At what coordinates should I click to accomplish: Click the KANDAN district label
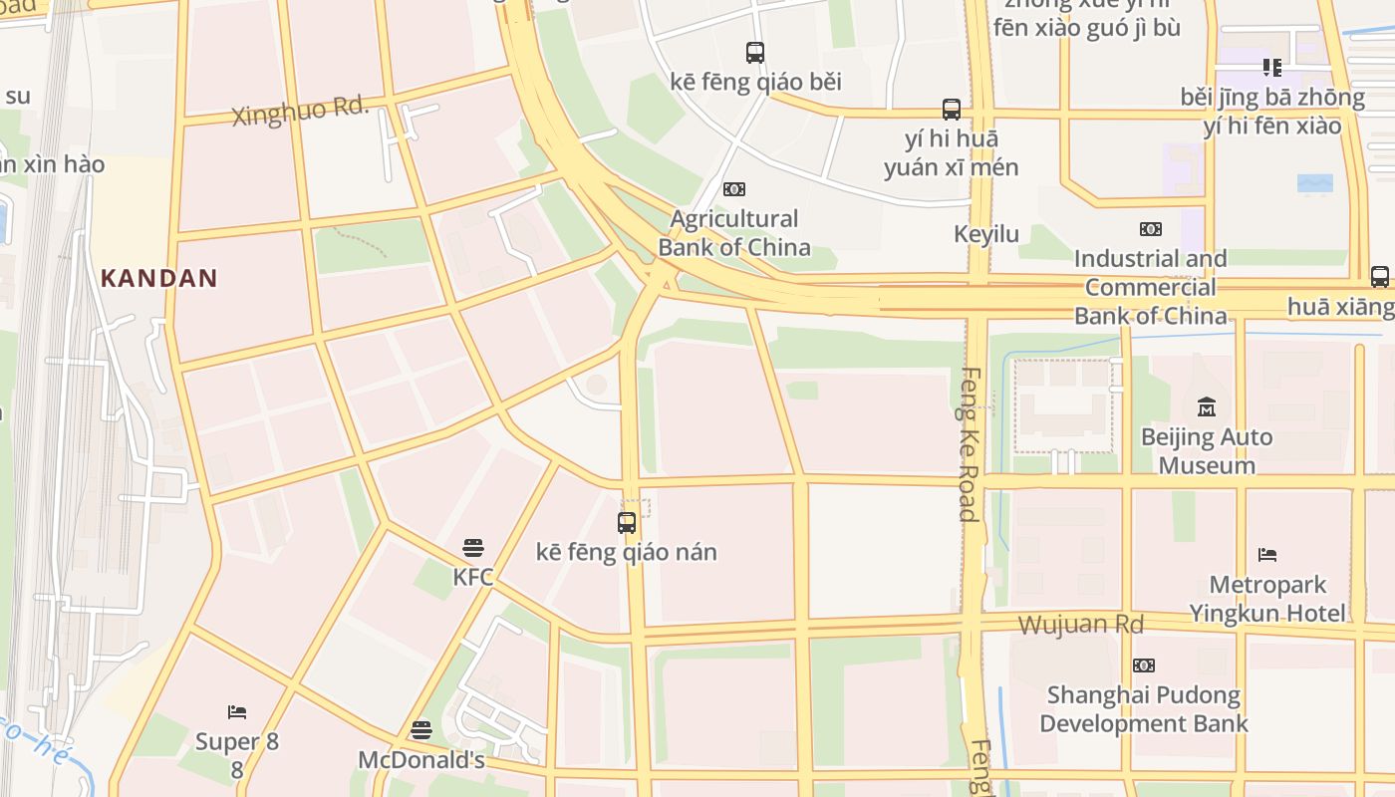(158, 278)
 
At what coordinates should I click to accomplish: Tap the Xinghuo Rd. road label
(300, 111)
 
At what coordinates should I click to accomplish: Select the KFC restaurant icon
(473, 548)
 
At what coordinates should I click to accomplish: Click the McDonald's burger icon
(421, 730)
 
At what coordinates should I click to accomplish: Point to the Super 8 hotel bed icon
(237, 712)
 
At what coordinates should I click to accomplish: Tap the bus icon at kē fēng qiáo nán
(627, 522)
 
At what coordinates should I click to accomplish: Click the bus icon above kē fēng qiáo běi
(755, 52)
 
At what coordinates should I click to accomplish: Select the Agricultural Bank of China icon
(734, 189)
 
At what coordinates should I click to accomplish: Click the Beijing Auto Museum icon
(1207, 406)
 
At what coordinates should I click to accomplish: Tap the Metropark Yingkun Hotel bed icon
(1267, 554)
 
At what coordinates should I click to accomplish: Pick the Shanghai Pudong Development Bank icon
(1144, 664)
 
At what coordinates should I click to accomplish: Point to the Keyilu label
(986, 234)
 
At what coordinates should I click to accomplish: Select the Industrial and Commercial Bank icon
(1151, 229)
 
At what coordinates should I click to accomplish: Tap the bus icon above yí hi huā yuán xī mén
(952, 109)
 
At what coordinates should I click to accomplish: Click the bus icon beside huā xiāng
(1380, 276)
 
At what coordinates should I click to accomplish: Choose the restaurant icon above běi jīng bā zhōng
(1271, 68)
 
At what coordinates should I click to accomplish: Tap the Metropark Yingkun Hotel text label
(1267, 598)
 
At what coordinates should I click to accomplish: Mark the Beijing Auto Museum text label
(1207, 451)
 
